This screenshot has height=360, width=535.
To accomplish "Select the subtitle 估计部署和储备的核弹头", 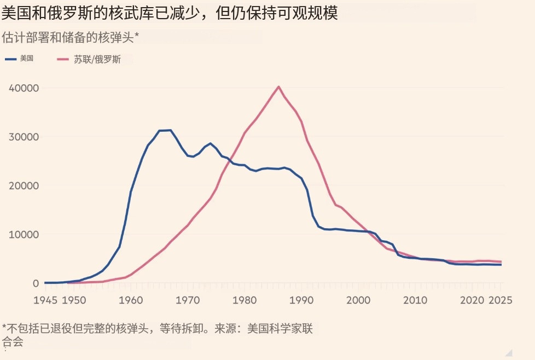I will (x=71, y=37).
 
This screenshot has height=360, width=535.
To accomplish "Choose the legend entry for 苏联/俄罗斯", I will (x=91, y=59).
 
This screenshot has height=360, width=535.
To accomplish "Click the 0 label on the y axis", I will (x=36, y=283).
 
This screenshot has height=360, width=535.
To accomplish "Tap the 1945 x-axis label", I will (x=45, y=300).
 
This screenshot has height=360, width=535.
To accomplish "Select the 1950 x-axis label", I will (x=74, y=300).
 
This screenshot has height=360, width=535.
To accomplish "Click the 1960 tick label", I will (x=131, y=300).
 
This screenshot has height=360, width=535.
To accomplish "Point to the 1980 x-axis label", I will (x=245, y=300).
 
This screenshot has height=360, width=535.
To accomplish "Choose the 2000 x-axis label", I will (x=358, y=300).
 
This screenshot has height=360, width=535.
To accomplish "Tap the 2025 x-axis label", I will (x=500, y=300).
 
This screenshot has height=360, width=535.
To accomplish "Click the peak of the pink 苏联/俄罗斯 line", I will (x=278, y=86).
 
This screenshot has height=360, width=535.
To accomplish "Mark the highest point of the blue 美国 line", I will (x=171, y=130).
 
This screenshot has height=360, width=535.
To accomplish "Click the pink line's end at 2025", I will (x=500, y=262).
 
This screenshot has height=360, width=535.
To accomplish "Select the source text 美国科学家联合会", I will (x=280, y=328).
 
